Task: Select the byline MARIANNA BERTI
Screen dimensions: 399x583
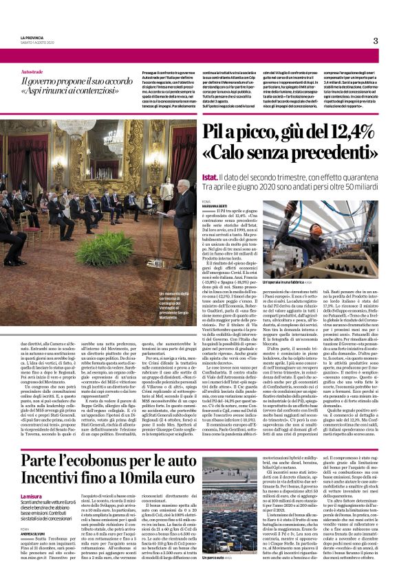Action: tap(215, 205)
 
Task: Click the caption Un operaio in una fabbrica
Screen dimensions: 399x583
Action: tap(323, 264)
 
